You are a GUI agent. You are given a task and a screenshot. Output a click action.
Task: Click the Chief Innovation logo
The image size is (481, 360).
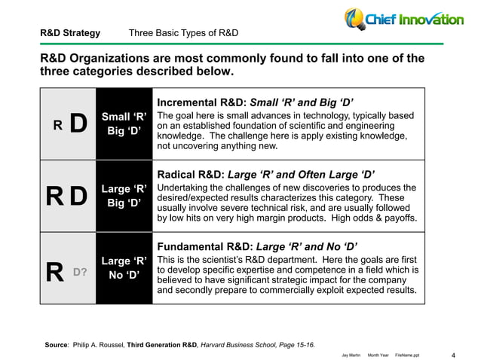pyautogui.click(x=404, y=18)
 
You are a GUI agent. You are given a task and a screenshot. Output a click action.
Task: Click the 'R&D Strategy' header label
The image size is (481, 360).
pyautogui.click(x=69, y=33)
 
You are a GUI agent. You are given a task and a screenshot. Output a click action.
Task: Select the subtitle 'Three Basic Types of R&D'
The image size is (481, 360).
pyautogui.click(x=184, y=33)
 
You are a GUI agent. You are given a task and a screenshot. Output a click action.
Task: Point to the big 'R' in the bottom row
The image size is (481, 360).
pyautogui.click(x=54, y=270)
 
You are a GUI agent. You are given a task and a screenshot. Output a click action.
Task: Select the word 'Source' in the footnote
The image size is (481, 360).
pyautogui.click(x=57, y=343)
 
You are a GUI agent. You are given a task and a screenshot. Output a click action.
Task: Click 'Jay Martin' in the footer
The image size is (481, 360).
pyautogui.click(x=348, y=353)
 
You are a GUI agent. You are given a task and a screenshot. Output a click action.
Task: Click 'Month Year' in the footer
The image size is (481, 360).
pyautogui.click(x=378, y=353)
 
